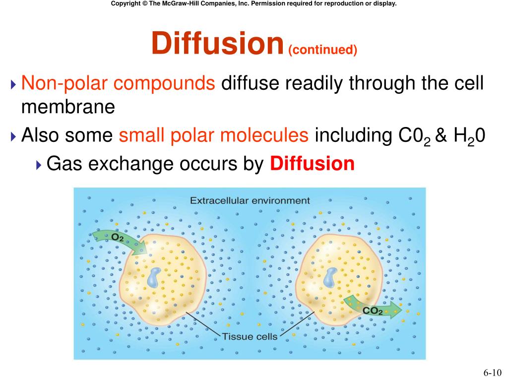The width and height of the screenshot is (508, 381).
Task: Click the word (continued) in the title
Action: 322,50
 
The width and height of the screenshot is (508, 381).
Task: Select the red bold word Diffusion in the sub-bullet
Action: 313,163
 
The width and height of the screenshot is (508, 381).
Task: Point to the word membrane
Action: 68,107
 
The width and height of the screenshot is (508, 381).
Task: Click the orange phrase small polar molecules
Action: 214,135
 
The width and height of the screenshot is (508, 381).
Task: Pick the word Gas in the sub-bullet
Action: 60,163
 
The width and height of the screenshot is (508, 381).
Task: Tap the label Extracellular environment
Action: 250,201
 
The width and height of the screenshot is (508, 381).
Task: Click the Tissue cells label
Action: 250,336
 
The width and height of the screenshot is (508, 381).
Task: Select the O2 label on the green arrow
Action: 118,238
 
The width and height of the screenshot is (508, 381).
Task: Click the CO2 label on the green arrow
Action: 373,311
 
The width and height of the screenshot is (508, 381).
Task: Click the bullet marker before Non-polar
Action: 13,83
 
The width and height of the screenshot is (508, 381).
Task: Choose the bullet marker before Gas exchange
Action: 39,164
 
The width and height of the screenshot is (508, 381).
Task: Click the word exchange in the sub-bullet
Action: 112,163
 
